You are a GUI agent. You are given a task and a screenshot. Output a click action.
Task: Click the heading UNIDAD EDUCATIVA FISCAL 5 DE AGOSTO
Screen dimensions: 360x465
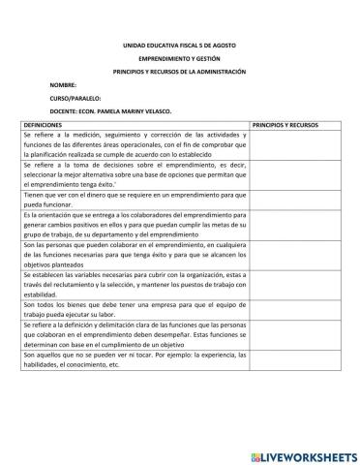(179, 46)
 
